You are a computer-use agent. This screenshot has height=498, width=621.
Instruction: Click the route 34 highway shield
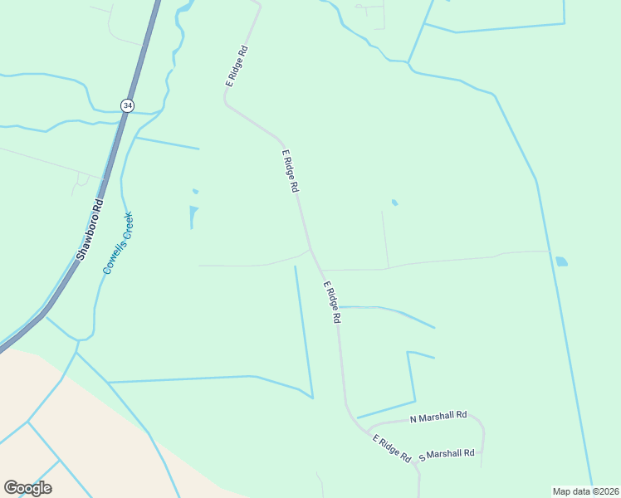pyautogui.click(x=127, y=105)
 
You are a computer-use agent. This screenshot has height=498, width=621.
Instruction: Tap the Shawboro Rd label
pyautogui.click(x=90, y=229)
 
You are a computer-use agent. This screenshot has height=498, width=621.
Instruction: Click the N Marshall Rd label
pyautogui.click(x=439, y=416)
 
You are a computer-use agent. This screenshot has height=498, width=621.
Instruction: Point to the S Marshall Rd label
pyautogui.click(x=447, y=455)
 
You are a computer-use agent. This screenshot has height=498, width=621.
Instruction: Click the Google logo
pyautogui.click(x=27, y=488)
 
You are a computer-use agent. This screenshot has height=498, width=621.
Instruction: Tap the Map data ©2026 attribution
pyautogui.click(x=586, y=491)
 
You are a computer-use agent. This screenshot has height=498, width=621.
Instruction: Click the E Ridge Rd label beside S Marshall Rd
pyautogui.click(x=392, y=448)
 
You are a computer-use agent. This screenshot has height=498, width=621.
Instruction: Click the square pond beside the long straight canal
pyautogui.click(x=562, y=261)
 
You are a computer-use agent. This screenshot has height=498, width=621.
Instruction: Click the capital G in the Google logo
pyautogui.click(x=11, y=488)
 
